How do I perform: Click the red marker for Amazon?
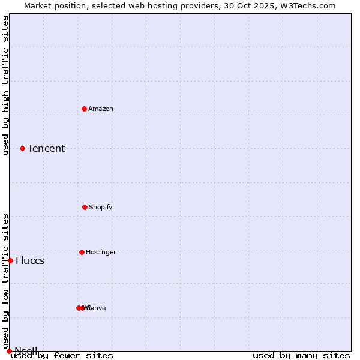pos(84,109)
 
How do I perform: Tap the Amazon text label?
pos(101,109)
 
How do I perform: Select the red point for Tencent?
pos(22,148)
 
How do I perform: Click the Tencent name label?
pos(46,148)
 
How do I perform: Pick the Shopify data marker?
pos(85,207)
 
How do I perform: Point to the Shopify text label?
pos(101,207)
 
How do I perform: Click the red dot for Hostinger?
pos(82,252)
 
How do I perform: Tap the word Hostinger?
pos(101,252)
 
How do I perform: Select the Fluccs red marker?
pos(10,260)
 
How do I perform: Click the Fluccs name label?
pos(30,260)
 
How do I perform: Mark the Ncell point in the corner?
pos(9,351)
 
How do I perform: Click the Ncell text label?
pos(26,350)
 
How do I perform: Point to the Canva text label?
pos(97,308)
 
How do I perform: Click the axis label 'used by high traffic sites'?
pos(5,85)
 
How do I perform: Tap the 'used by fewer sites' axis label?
pos(62,355)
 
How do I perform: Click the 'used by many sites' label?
pos(301,355)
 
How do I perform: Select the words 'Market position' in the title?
pos(52,5)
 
